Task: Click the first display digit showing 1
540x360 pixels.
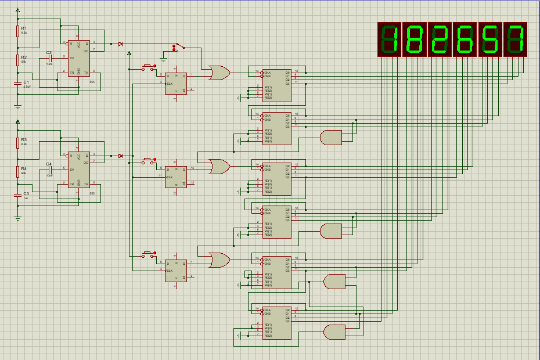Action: coord(390,39)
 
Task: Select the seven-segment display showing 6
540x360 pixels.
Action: coord(465,39)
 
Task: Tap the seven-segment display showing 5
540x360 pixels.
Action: coord(489,39)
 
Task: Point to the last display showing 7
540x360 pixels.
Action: coord(515,39)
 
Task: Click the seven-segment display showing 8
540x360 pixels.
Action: coord(415,39)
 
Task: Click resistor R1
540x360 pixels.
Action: coord(17,31)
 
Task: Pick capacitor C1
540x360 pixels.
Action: coord(17,84)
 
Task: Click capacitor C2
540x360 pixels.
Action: coord(49,58)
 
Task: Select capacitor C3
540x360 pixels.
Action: coord(17,196)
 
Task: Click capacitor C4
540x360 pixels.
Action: coord(49,170)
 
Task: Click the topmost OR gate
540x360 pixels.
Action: coord(219,73)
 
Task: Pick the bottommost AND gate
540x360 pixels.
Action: coord(333,332)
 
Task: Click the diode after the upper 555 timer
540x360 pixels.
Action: coord(120,44)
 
